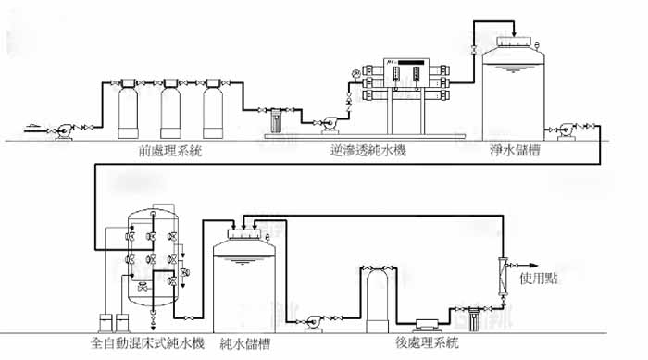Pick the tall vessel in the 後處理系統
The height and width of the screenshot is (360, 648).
coord(374,296)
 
